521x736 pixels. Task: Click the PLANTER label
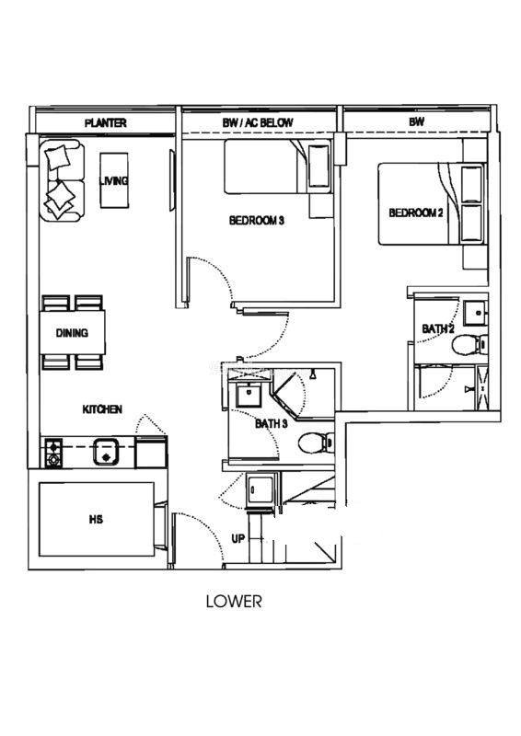click(x=106, y=123)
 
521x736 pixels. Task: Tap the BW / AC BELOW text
click(x=258, y=123)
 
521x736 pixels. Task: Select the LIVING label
click(x=114, y=180)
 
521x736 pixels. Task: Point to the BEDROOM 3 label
click(x=257, y=220)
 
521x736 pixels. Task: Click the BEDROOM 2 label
click(x=416, y=213)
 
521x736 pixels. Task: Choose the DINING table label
click(x=72, y=333)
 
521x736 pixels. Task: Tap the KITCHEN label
click(x=102, y=409)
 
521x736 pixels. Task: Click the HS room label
click(x=96, y=520)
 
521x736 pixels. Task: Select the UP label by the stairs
click(x=238, y=538)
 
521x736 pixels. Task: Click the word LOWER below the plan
click(x=234, y=602)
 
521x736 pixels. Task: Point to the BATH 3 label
click(x=271, y=424)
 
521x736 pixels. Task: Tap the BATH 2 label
click(x=438, y=329)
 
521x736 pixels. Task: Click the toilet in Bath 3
click(x=316, y=443)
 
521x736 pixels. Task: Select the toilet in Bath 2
click(x=469, y=344)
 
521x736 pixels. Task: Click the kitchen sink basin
click(x=107, y=452)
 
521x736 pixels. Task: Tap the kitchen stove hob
click(x=53, y=453)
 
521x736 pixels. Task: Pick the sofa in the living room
click(x=62, y=180)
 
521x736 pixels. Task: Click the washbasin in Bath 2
click(x=475, y=313)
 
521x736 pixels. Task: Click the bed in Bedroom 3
click(x=277, y=167)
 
